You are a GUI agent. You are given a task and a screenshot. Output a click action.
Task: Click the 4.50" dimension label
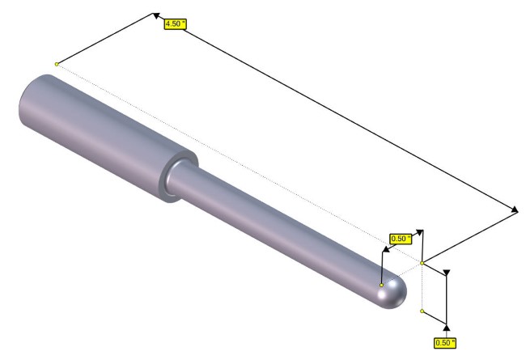[175, 24]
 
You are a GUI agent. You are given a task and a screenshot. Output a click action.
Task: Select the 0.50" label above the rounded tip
[401, 239]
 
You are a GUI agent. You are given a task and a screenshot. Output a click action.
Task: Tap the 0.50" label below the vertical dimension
[445, 343]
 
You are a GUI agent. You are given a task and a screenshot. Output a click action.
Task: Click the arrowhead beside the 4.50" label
[156, 15]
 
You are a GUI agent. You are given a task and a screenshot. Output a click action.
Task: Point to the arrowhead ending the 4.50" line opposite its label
[515, 210]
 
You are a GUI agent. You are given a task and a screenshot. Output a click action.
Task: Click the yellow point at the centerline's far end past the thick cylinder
[57, 64]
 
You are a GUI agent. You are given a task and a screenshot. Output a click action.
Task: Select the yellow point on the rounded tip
[381, 285]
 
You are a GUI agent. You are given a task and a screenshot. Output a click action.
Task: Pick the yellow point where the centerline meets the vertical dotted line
[422, 263]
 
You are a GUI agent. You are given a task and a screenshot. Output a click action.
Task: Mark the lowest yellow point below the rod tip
[422, 311]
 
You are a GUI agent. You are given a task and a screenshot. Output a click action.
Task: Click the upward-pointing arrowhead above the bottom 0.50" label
[446, 327]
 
